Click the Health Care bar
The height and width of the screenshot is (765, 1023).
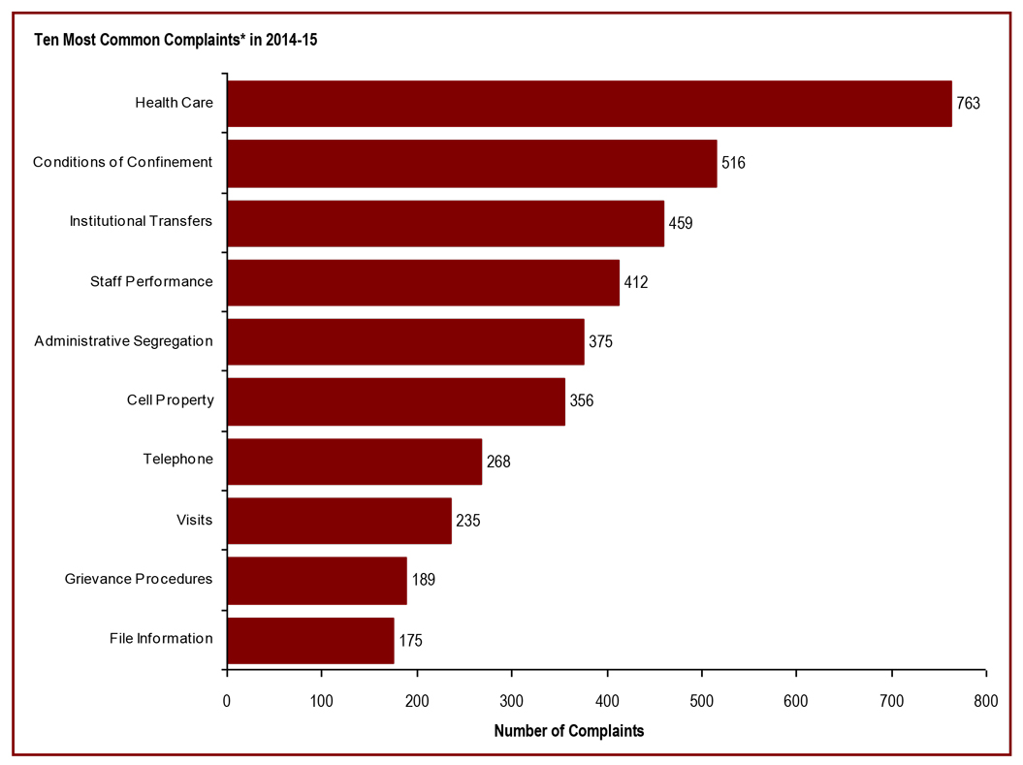pos(589,103)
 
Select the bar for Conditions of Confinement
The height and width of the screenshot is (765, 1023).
pos(471,163)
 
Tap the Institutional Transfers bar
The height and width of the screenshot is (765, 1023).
pos(445,222)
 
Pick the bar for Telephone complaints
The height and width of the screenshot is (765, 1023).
pos(354,461)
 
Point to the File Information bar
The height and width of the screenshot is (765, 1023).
pos(310,640)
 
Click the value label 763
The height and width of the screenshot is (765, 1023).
pos(969,103)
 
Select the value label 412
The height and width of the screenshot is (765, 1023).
pos(635,282)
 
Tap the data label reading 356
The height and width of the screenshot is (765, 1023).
pos(581,401)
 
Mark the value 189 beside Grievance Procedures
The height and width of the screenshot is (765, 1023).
pos(423,580)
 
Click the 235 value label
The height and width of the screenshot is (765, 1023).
pos(467,521)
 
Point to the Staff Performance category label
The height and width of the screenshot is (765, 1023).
pos(151,281)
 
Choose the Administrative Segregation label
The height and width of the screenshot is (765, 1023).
pos(123,341)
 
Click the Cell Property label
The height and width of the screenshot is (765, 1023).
pos(170,400)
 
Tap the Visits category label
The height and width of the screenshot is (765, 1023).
pos(194,520)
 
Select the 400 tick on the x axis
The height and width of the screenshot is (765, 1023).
pos(607,700)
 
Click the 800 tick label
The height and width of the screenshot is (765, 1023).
pos(986,700)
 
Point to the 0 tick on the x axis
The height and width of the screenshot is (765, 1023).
pos(227,700)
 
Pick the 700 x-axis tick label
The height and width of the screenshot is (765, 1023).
pos(891,700)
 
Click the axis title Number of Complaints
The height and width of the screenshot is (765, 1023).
pos(568,730)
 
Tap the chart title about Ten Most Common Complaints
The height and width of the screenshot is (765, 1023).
pos(176,41)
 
